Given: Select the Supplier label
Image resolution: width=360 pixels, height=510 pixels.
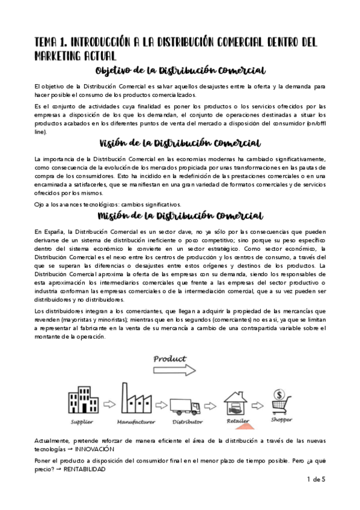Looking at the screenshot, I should pyautogui.click(x=82, y=422).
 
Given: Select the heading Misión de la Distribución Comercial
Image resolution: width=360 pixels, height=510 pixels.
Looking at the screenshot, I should pyautogui.click(x=180, y=216).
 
